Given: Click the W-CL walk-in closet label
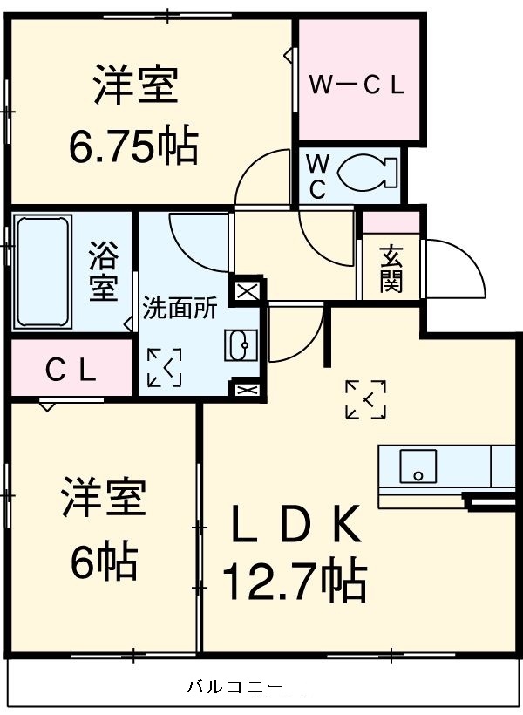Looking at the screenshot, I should click(x=357, y=85).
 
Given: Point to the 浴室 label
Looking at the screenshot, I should click(x=103, y=271).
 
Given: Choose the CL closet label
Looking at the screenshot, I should click(x=70, y=371).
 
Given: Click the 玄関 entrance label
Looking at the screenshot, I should click(x=391, y=269).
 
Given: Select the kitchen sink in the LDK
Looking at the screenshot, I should click(x=418, y=466).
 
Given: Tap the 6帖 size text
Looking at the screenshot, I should click(x=104, y=563).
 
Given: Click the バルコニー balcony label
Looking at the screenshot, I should click(x=234, y=686).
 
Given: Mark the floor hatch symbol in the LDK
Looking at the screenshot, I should click(x=365, y=399).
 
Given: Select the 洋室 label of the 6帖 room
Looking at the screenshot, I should click(x=103, y=500).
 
